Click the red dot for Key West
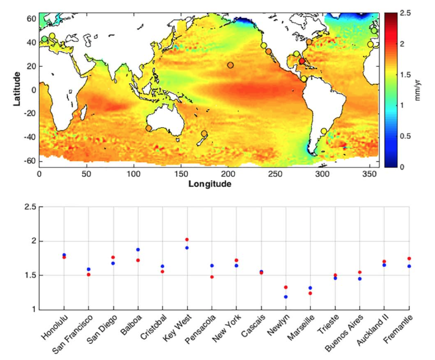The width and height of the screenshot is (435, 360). pyautogui.click(x=187, y=240)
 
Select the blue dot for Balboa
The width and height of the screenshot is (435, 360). pyautogui.click(x=138, y=250)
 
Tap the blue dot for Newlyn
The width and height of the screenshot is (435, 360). pyautogui.click(x=286, y=297)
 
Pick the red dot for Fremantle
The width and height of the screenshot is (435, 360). pyautogui.click(x=409, y=259)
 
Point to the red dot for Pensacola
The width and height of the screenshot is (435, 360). pyautogui.click(x=212, y=277)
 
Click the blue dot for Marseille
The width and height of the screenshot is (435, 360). pyautogui.click(x=310, y=288)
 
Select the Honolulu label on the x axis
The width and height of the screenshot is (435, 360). pyautogui.click(x=55, y=327)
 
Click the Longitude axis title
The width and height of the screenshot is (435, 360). pyautogui.click(x=210, y=184)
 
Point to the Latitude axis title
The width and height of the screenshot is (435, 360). pyautogui.click(x=17, y=89)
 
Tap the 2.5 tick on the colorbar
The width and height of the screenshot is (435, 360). pyautogui.click(x=405, y=13)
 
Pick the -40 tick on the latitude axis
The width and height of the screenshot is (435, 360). pyautogui.click(x=30, y=137)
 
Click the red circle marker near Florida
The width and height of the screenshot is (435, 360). pyautogui.click(x=302, y=61)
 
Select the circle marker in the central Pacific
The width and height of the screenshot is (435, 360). pyautogui.click(x=230, y=65)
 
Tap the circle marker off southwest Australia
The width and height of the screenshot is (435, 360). pyautogui.click(x=149, y=128)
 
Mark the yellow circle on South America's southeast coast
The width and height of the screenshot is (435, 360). pyautogui.click(x=324, y=131)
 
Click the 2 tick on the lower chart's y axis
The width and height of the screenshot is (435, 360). pyautogui.click(x=34, y=241)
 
